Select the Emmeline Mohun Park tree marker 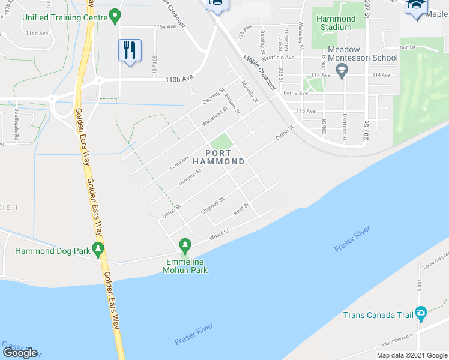point(185,245)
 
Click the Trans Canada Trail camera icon point(421,313)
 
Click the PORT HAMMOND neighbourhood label point(218,157)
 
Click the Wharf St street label point(220,235)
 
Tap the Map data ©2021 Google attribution point(411,355)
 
